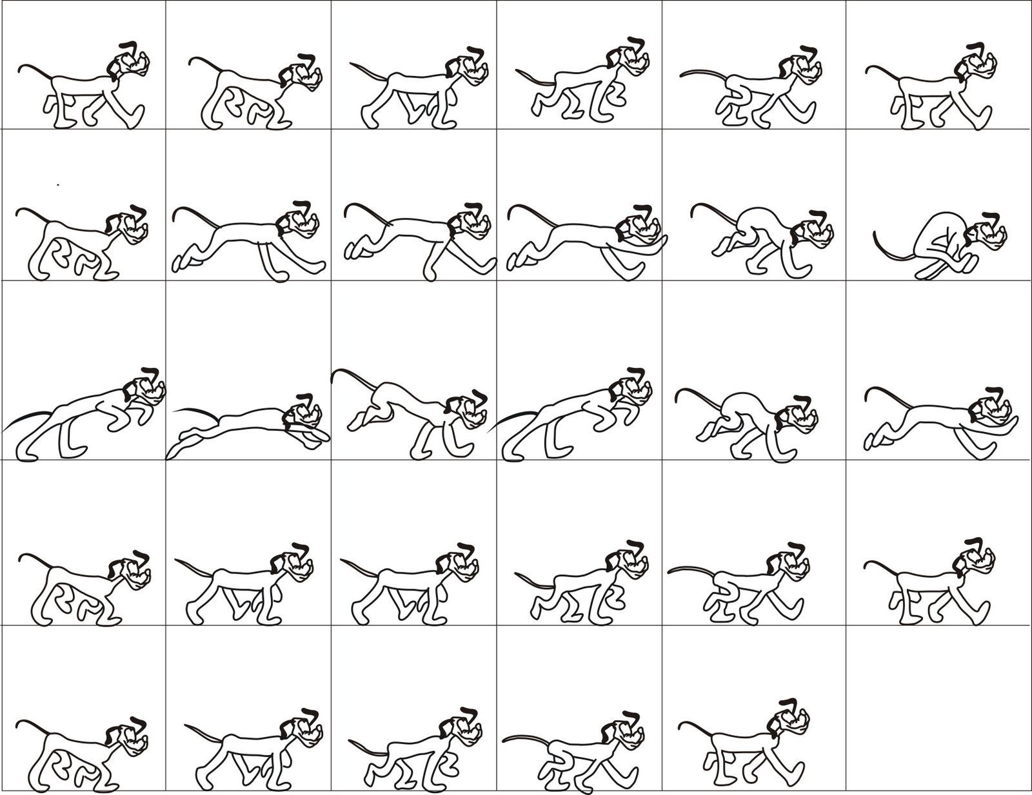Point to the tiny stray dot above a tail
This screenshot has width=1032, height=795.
tap(57, 185)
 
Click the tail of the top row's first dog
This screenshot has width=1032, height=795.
tap(32, 67)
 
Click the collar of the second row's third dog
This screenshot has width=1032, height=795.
tap(450, 229)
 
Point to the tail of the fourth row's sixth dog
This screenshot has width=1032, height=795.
tap(880, 564)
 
